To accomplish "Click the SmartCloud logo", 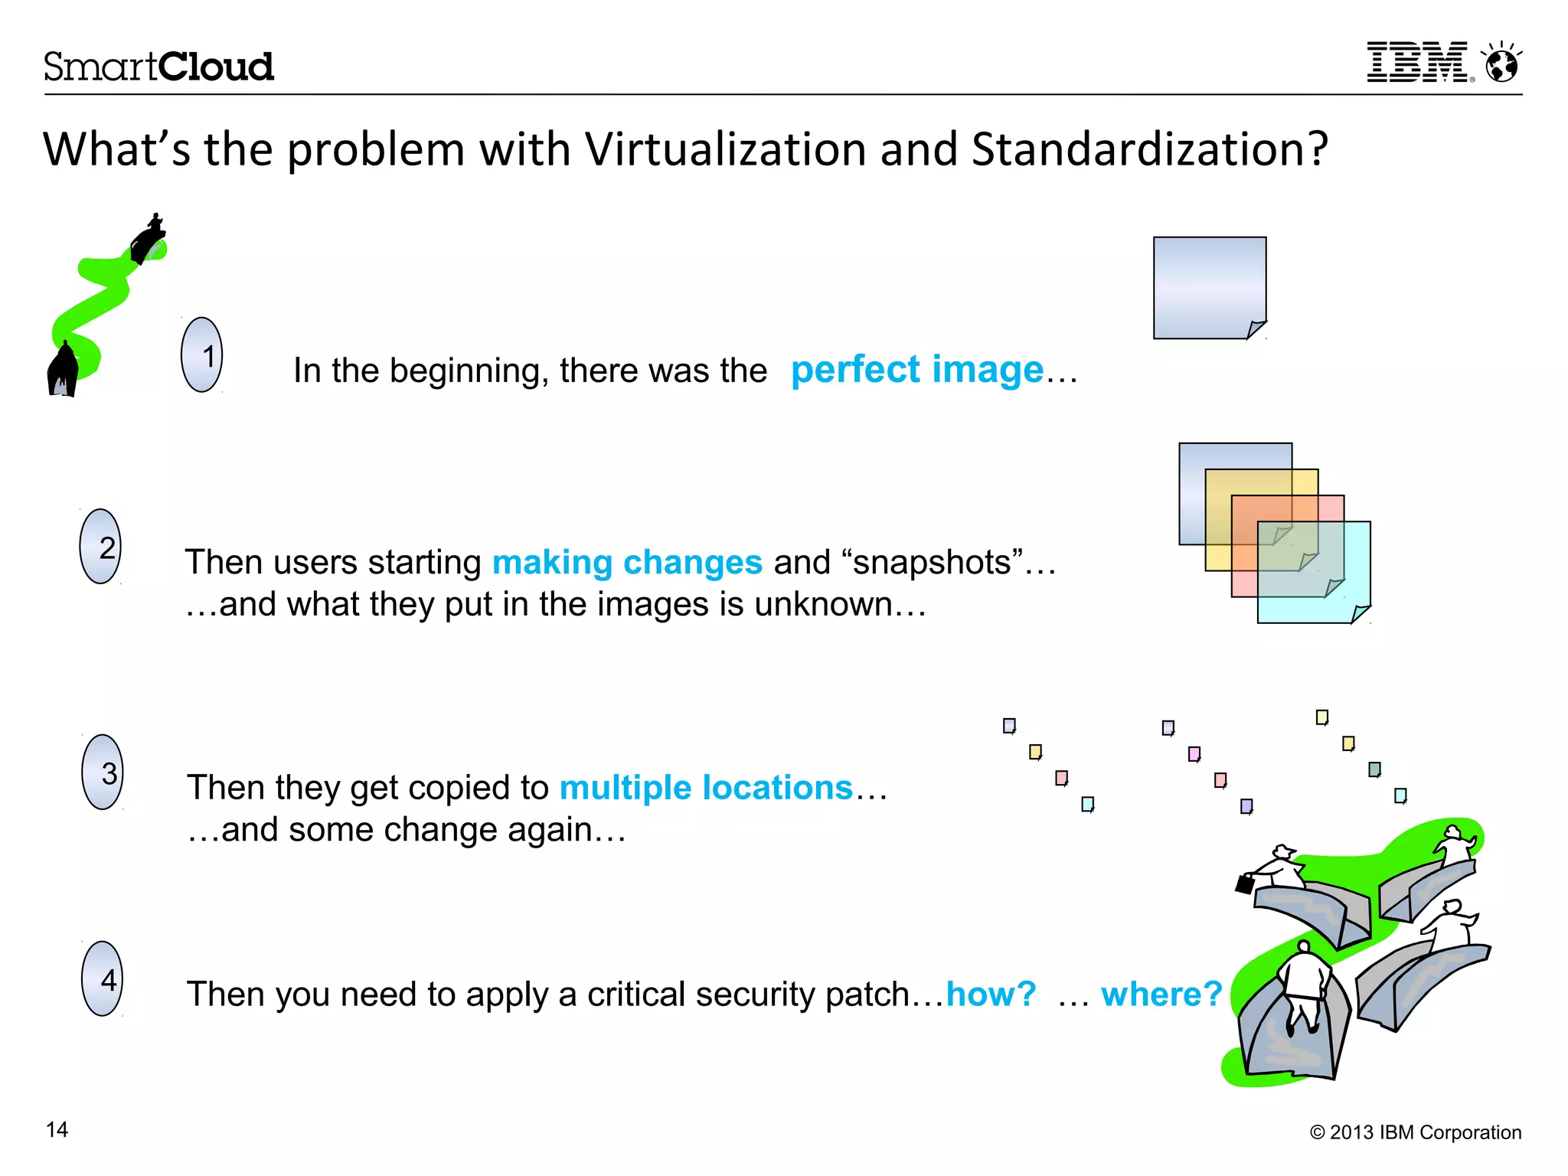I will [x=158, y=67].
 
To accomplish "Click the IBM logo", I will [x=1419, y=63].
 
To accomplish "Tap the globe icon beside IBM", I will [x=1502, y=63].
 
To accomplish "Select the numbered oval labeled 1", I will [x=202, y=355].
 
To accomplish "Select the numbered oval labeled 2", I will [x=100, y=547].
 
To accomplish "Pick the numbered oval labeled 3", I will [x=103, y=772].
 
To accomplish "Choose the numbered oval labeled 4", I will [x=103, y=978].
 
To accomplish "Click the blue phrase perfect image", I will [x=917, y=370].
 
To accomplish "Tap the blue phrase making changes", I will [x=627, y=563].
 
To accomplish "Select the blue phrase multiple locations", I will [x=706, y=788].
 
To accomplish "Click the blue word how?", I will [x=991, y=995].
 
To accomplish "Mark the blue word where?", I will [x=1161, y=995].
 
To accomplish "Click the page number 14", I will [x=57, y=1130].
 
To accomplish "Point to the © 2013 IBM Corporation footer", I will [x=1416, y=1132].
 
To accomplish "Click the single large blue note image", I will [x=1210, y=288].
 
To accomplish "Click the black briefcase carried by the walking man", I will [x=1245, y=884].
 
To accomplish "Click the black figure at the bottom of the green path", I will [x=63, y=370].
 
